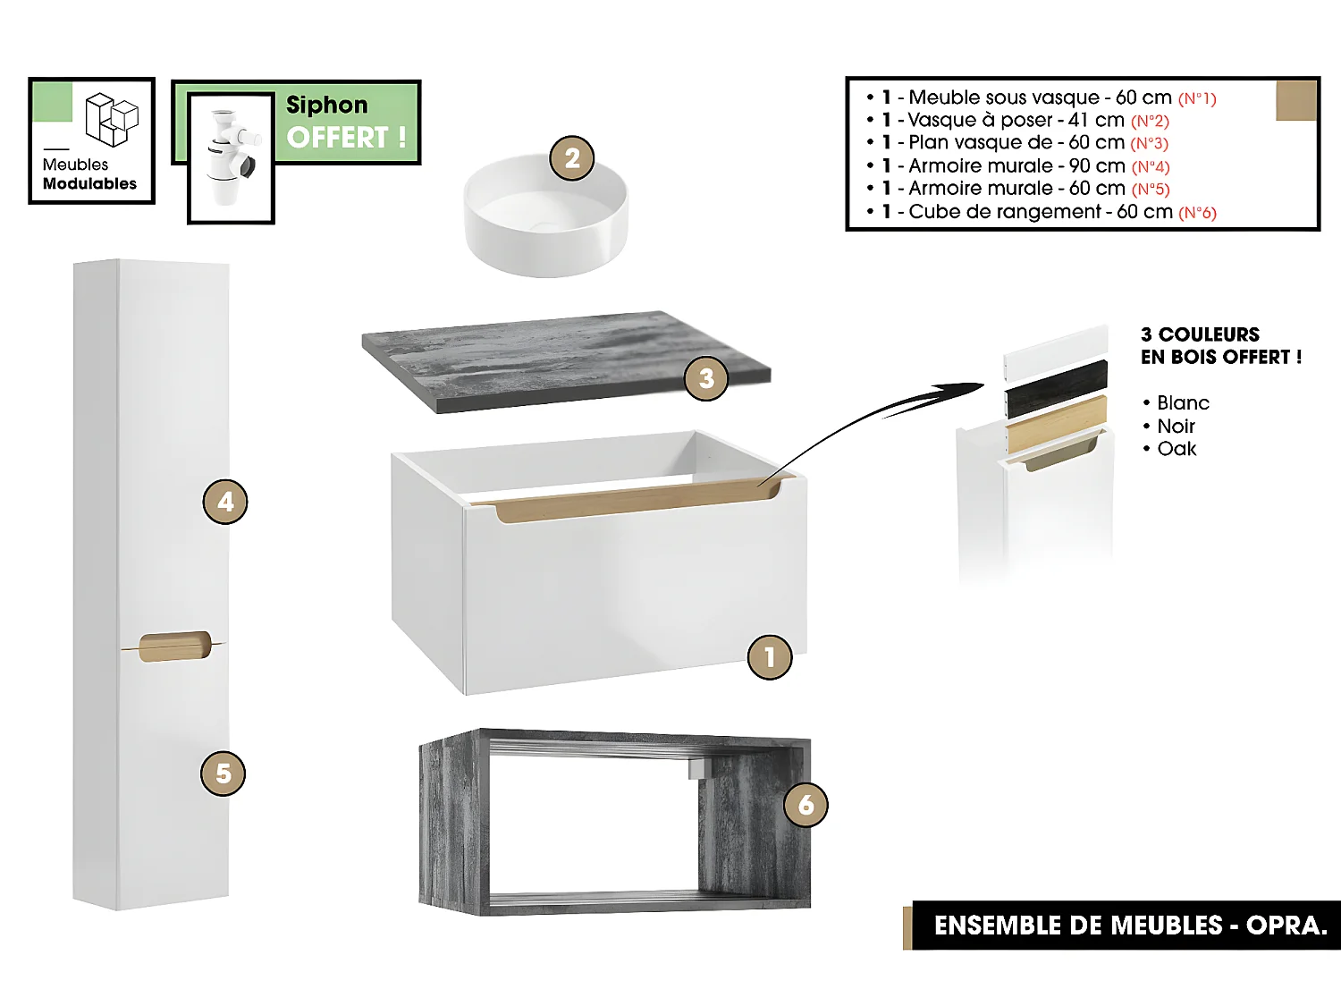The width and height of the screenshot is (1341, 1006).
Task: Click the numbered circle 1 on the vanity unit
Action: pos(769,657)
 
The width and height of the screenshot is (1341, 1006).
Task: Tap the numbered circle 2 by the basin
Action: pos(572,158)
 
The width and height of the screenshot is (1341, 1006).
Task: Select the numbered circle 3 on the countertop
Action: pos(706,378)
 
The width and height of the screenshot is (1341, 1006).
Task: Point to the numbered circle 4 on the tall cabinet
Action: pos(225,502)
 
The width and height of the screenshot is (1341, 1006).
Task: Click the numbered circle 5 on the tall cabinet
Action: pos(223,774)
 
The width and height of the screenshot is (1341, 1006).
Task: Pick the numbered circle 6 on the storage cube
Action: pos(805,805)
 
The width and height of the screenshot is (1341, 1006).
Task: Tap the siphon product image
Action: pos(231,157)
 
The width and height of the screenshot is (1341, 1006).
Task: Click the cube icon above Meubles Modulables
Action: pos(112,119)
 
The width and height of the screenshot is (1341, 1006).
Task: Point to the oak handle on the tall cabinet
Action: pos(175,646)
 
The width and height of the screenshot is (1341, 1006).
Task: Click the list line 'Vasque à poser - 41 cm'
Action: pos(1016,120)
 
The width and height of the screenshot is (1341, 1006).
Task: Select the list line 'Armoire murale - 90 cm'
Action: pos(1016,165)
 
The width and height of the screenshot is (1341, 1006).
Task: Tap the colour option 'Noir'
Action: pos(1175,427)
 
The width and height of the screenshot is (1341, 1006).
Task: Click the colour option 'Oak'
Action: pos(1176,449)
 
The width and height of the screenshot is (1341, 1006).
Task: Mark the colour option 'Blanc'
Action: pos(1182,403)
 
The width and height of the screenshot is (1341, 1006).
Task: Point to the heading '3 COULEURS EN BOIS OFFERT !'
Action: pos(1220,346)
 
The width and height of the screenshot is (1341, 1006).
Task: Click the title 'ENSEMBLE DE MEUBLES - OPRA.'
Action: pos(1130,926)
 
